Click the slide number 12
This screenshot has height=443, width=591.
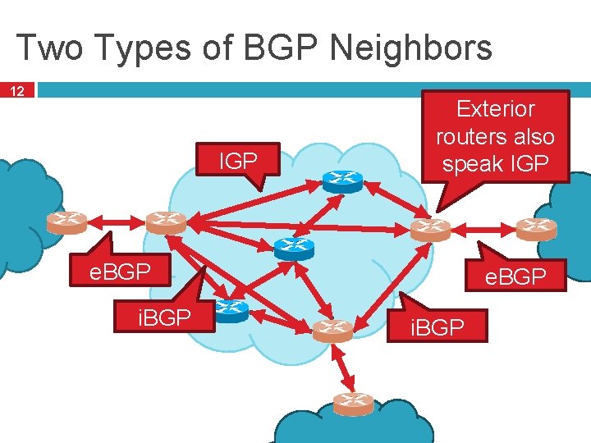(x=18, y=90)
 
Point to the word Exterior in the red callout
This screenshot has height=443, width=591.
(x=495, y=109)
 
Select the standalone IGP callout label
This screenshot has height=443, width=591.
(x=238, y=162)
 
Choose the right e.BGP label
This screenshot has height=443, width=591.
(x=515, y=277)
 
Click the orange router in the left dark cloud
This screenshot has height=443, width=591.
(x=66, y=221)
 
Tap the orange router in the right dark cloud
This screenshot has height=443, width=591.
(x=536, y=227)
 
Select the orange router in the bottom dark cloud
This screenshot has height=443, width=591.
(x=353, y=403)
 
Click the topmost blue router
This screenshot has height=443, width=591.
(x=341, y=181)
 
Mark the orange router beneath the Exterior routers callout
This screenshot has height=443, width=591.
(x=430, y=229)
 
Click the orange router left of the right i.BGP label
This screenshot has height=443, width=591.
(x=332, y=330)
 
